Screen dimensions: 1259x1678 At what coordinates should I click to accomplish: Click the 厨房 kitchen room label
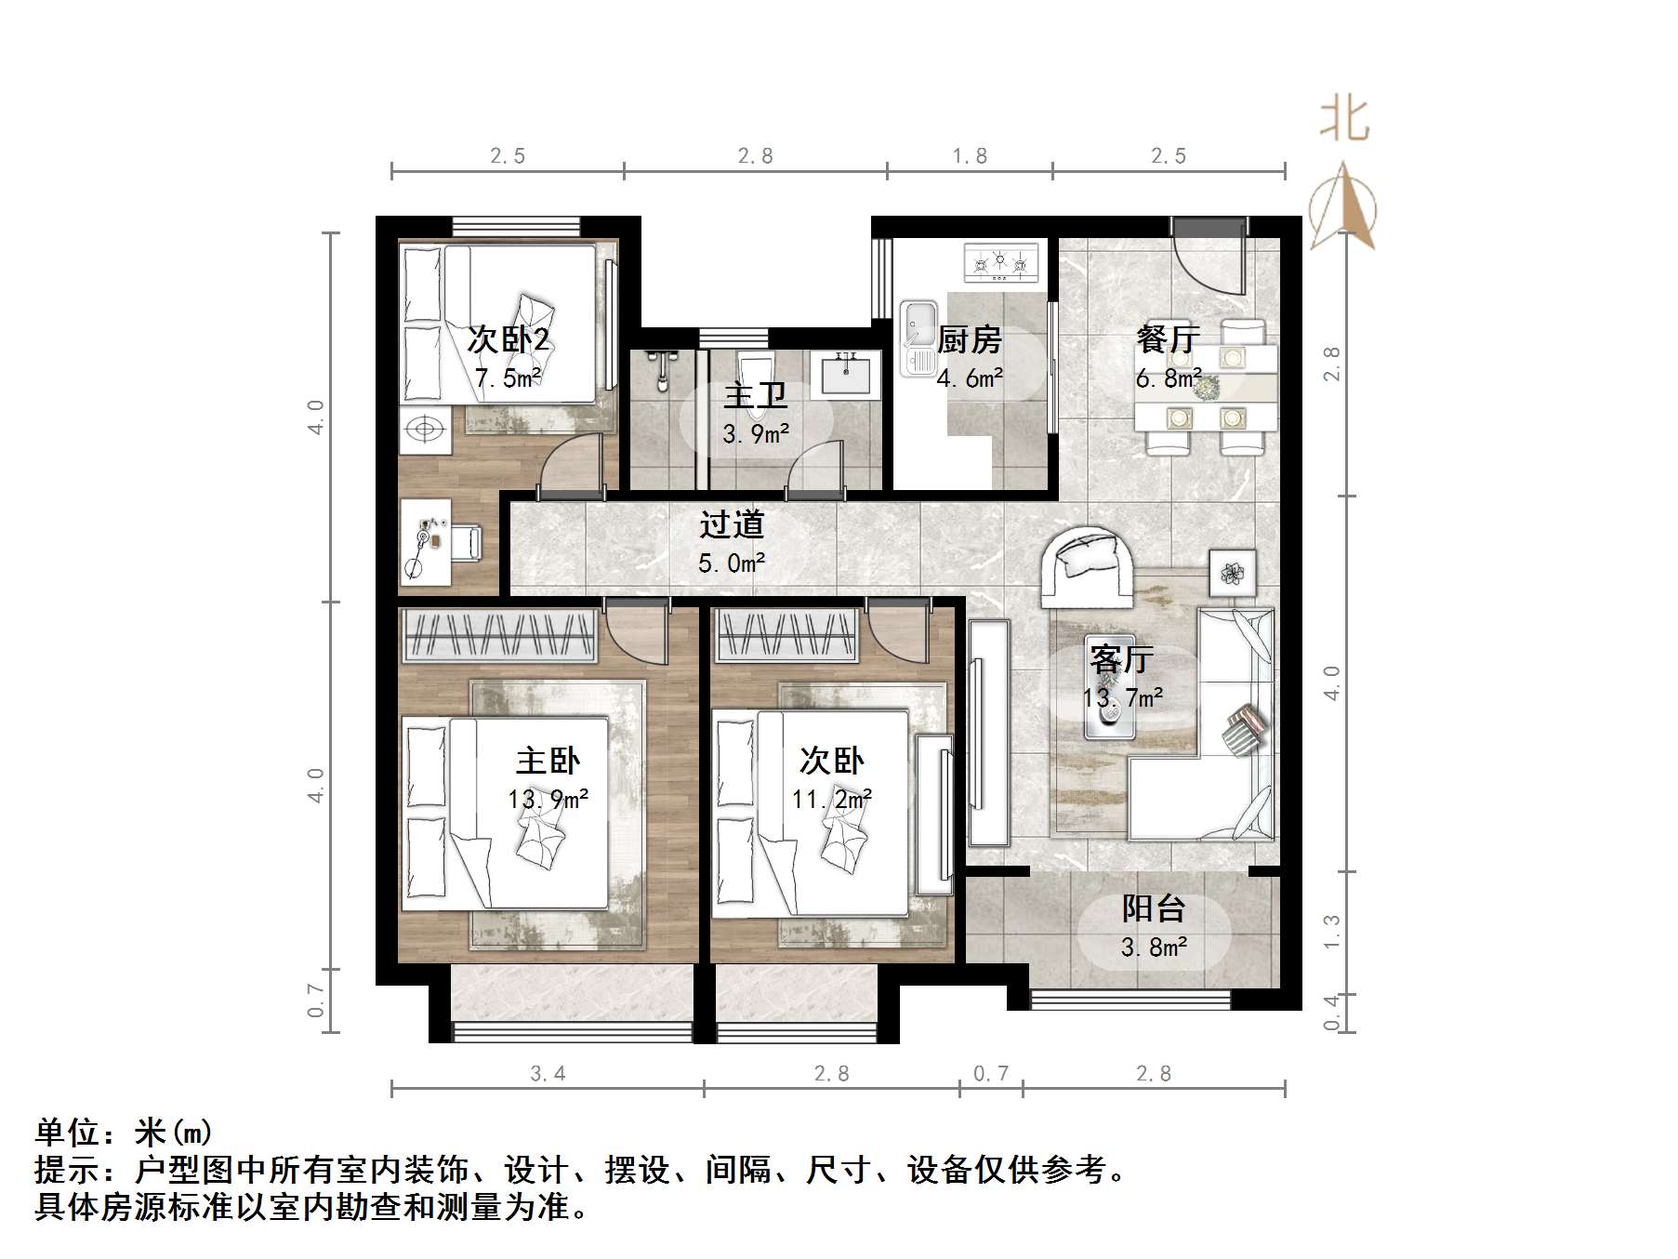point(969,340)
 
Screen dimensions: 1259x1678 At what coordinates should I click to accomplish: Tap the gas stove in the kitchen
point(1000,263)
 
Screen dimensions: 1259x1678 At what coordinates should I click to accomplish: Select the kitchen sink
point(919,338)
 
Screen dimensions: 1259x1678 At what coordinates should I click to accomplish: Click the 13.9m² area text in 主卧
point(548,799)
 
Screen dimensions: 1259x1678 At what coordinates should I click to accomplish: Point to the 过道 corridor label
point(732,525)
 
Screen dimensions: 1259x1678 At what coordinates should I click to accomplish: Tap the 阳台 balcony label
point(1153,908)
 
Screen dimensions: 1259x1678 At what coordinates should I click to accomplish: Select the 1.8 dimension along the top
point(970,156)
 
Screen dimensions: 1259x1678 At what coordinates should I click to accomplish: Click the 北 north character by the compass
point(1344,120)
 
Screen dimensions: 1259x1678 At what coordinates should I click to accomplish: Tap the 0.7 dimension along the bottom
point(991,1074)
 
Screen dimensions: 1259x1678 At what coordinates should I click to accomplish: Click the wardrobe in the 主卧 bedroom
point(499,636)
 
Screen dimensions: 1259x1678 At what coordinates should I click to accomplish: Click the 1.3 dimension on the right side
point(1332,932)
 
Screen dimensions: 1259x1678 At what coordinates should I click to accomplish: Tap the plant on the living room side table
point(1233,574)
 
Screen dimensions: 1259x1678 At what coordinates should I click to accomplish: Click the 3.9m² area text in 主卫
point(757,434)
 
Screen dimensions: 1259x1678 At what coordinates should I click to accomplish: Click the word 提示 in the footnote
point(67,1170)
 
